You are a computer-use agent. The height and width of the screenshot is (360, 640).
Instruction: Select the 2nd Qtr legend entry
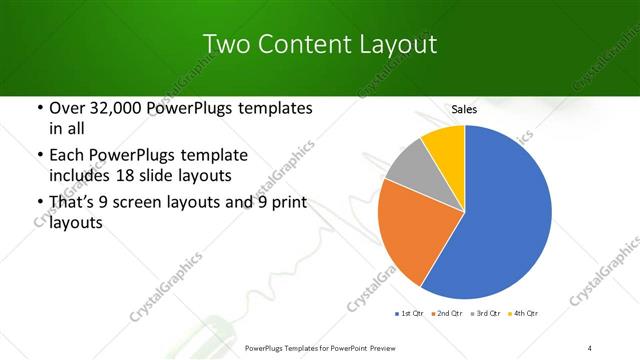449,314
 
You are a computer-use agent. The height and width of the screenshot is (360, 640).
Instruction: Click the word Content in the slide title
301,44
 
